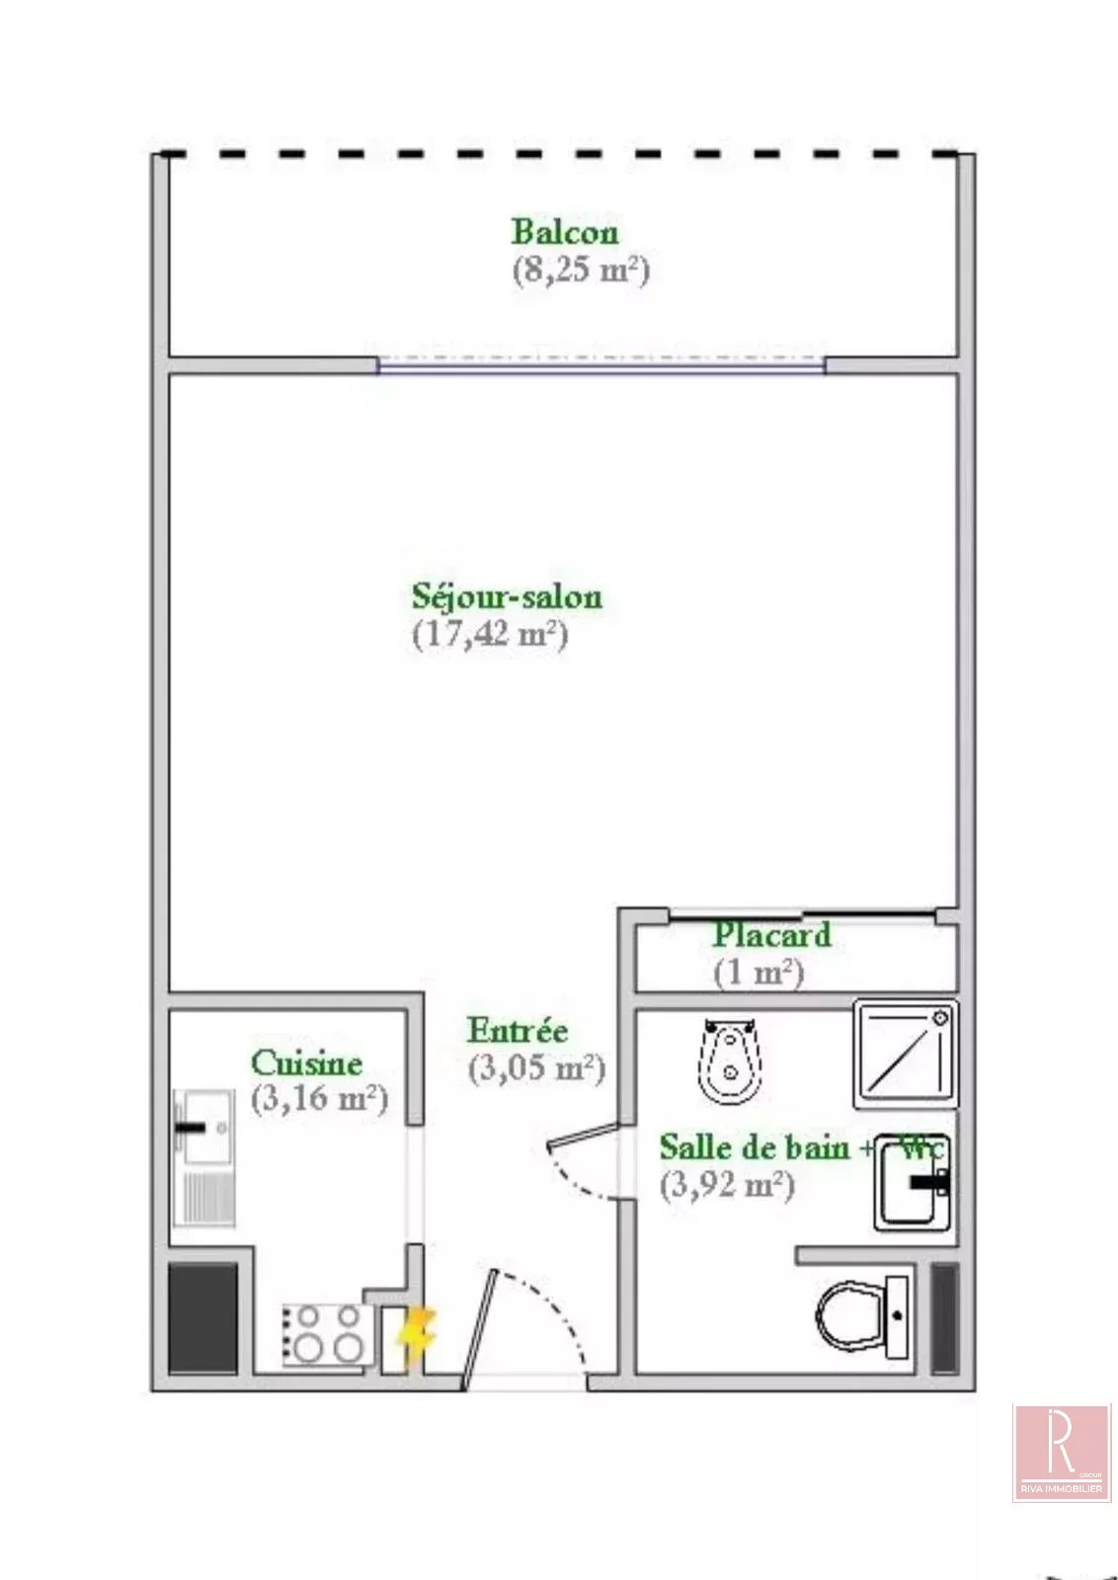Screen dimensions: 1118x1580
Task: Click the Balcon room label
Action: click(564, 232)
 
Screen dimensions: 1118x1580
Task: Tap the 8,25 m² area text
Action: click(581, 270)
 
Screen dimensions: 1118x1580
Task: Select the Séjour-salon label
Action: click(508, 596)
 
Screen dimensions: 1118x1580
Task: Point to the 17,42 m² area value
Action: click(490, 634)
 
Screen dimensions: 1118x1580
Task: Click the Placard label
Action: click(772, 935)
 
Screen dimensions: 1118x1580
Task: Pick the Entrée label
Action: click(518, 1031)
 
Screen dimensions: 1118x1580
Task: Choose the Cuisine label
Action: click(307, 1063)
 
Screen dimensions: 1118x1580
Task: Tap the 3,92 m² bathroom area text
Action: click(727, 1185)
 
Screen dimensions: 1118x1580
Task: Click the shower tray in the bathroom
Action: click(906, 1054)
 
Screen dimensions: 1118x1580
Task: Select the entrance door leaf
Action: click(480, 1330)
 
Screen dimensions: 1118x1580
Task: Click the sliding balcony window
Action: click(600, 364)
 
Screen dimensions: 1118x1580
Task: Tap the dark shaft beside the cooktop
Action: click(202, 1317)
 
